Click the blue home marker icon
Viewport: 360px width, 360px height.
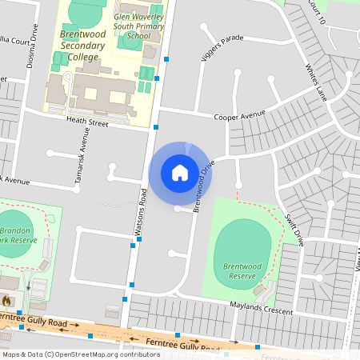point(180,172)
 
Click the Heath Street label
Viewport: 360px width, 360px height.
point(87,122)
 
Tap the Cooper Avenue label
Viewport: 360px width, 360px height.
point(239,115)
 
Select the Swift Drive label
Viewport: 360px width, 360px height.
point(294,228)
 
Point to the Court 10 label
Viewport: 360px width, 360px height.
point(318,14)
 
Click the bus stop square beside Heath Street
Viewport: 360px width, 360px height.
point(155,126)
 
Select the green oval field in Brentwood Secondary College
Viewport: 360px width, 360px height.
point(85,13)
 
